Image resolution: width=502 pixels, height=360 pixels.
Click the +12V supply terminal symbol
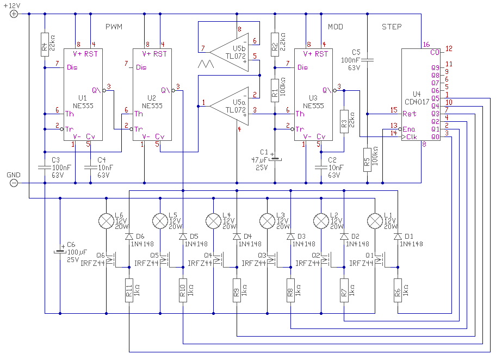pos(14,14)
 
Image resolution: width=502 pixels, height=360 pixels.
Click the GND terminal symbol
pos(14,183)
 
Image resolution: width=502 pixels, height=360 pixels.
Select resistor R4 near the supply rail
pos(45,45)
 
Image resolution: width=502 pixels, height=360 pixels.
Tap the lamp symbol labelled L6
pos(106,221)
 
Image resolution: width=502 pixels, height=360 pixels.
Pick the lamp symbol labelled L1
pos(375,221)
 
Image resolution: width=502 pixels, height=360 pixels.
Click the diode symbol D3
pos(290,237)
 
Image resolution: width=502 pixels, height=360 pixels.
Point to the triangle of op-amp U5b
pos(229,52)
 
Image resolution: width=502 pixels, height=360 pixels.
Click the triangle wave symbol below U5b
pos(206,64)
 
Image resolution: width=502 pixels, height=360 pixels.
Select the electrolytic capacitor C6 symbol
pos(60,252)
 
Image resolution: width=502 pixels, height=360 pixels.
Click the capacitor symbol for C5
pos(367,60)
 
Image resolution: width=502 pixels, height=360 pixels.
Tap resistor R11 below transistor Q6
pos(129,290)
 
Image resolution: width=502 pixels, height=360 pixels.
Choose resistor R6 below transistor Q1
pos(398,290)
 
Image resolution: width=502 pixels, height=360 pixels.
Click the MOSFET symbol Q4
pos(219,260)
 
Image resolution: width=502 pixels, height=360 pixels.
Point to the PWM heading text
pos(114,27)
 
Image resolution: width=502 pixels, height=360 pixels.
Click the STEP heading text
pos(392,27)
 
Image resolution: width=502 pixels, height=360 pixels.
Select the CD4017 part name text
pos(417,102)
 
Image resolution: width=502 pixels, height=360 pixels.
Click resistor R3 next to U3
pos(344,121)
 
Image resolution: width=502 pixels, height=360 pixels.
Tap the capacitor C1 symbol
pos(275,158)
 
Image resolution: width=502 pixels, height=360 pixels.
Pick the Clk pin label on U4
pos(411,137)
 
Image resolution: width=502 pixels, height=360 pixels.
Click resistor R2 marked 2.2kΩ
pos(275,45)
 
